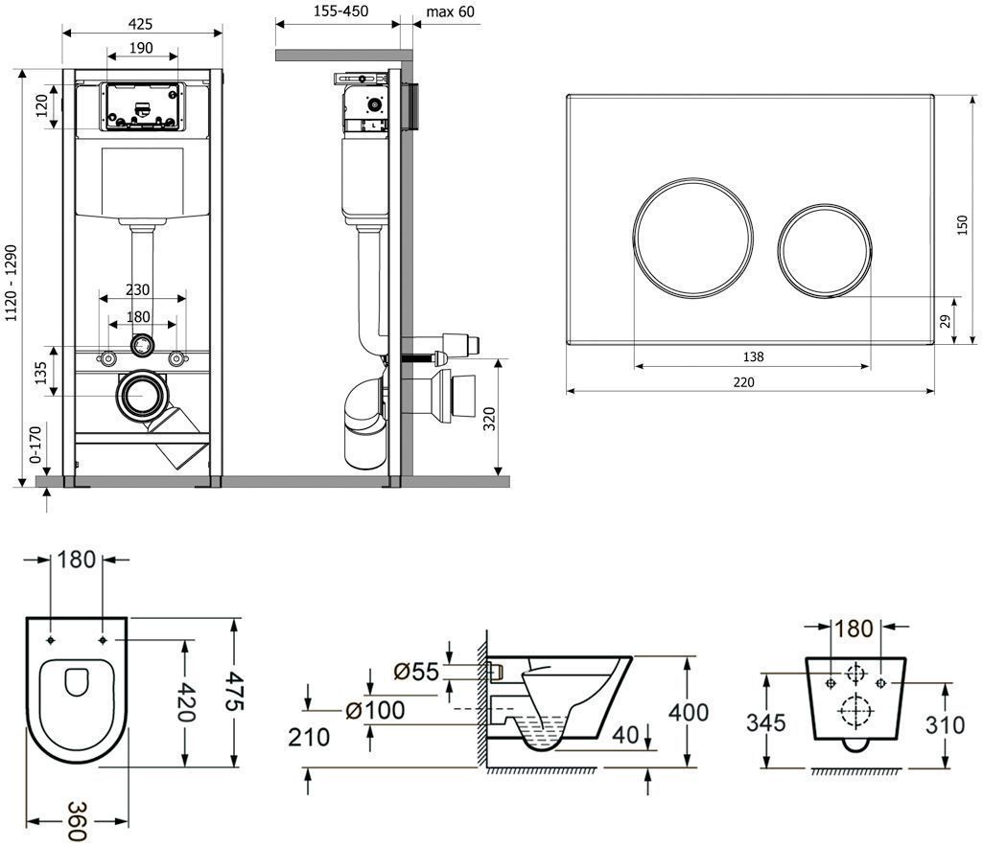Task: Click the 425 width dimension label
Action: tap(142, 22)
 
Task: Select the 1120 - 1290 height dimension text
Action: tap(12, 276)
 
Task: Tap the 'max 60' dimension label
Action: tap(449, 11)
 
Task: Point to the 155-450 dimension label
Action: tap(341, 11)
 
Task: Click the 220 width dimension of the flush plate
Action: tap(744, 382)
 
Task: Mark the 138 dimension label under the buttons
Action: tap(753, 357)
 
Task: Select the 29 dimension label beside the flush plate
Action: tap(945, 320)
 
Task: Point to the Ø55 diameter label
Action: tap(416, 672)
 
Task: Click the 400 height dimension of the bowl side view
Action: tap(690, 713)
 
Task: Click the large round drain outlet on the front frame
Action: tap(143, 394)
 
